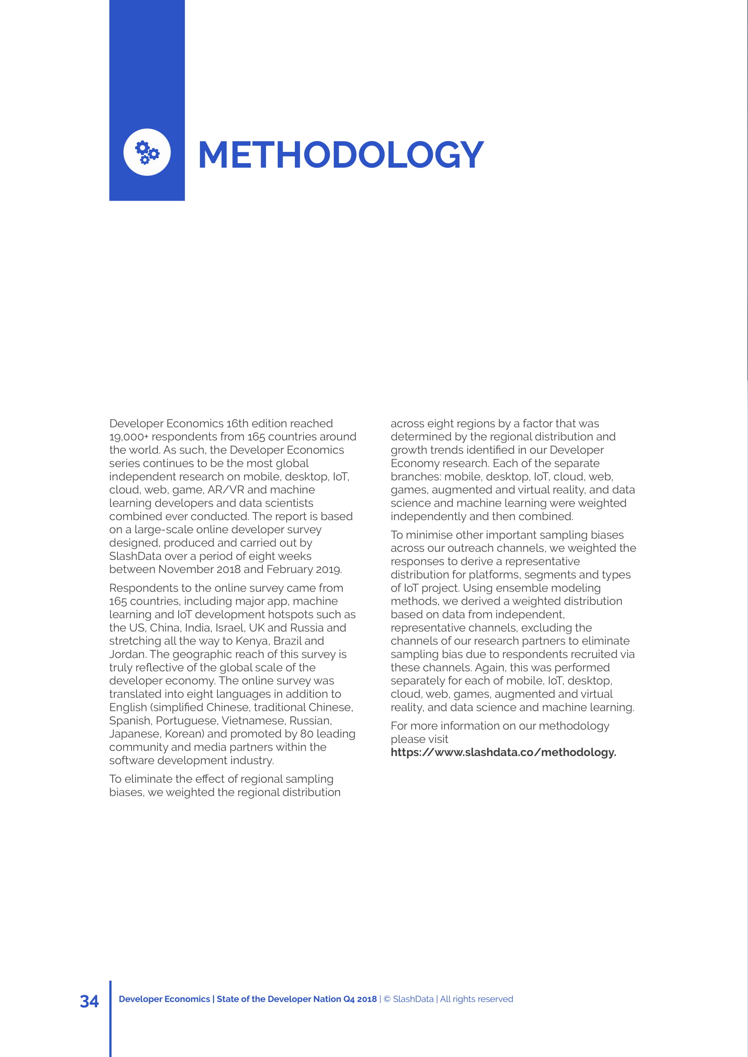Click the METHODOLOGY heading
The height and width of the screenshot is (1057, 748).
[x=341, y=155]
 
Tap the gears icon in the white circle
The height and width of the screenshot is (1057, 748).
[x=147, y=152]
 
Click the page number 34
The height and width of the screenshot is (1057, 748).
[x=89, y=1001]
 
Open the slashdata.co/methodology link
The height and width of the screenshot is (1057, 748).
[x=503, y=752]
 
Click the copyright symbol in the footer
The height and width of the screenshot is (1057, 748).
[x=387, y=999]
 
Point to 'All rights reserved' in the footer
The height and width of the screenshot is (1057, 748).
[x=476, y=999]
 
